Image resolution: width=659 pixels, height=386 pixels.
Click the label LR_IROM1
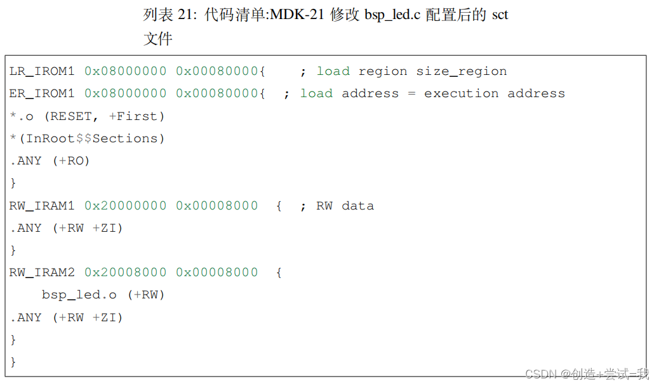(42, 71)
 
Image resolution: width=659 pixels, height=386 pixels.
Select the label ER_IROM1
(42, 93)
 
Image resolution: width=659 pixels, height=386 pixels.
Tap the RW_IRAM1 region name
(42, 206)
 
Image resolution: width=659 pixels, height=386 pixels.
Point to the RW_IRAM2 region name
(42, 272)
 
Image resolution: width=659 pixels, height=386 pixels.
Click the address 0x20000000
(126, 206)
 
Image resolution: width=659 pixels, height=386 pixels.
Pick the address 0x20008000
(126, 272)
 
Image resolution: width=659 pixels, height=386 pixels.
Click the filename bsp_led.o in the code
(79, 295)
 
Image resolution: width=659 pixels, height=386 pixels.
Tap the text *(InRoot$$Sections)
(87, 138)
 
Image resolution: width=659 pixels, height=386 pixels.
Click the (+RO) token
(71, 161)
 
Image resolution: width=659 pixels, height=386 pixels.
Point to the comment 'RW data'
(345, 206)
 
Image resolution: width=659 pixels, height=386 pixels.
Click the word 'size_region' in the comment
(462, 71)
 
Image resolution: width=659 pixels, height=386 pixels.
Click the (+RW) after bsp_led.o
(146, 295)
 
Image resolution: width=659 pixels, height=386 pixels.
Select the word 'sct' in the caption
(500, 15)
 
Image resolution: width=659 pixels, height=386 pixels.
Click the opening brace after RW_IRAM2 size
(279, 272)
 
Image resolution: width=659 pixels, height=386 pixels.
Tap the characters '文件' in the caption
(158, 39)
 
